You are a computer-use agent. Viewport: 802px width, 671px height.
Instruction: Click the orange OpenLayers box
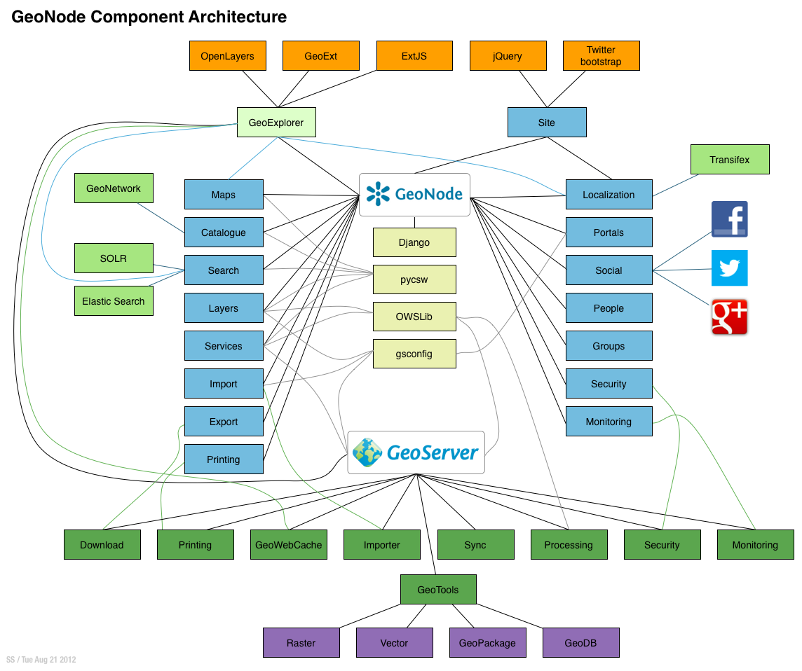coord(228,56)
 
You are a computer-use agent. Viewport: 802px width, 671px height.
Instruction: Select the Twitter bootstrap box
coord(601,56)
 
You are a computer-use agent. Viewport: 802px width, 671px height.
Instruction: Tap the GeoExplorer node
coord(276,123)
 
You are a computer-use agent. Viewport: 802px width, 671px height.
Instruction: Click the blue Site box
coord(547,123)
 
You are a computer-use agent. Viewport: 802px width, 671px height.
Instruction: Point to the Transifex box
coord(729,160)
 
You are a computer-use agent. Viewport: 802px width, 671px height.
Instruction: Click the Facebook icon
coord(729,219)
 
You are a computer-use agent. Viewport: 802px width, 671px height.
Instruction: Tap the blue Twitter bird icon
coord(729,268)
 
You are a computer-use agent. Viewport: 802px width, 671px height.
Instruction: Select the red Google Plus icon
coord(729,317)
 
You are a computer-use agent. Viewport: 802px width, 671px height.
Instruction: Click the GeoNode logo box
coord(414,194)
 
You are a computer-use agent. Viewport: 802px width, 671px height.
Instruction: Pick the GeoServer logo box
coord(416,452)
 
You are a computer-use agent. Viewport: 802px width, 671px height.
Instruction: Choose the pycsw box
coord(414,279)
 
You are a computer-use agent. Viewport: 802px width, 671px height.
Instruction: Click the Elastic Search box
coord(114,301)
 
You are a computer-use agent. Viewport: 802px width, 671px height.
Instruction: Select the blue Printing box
coord(224,459)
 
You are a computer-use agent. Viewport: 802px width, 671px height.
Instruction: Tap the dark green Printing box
coord(195,545)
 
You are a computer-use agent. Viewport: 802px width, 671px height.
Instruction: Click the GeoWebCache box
coord(289,545)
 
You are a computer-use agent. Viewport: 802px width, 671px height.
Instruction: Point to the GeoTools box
coord(438,590)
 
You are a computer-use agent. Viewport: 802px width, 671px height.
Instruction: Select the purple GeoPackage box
coord(487,643)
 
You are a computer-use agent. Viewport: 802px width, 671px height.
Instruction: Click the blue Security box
coord(609,384)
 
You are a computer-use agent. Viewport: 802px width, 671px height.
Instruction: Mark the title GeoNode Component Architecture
coord(149,17)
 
